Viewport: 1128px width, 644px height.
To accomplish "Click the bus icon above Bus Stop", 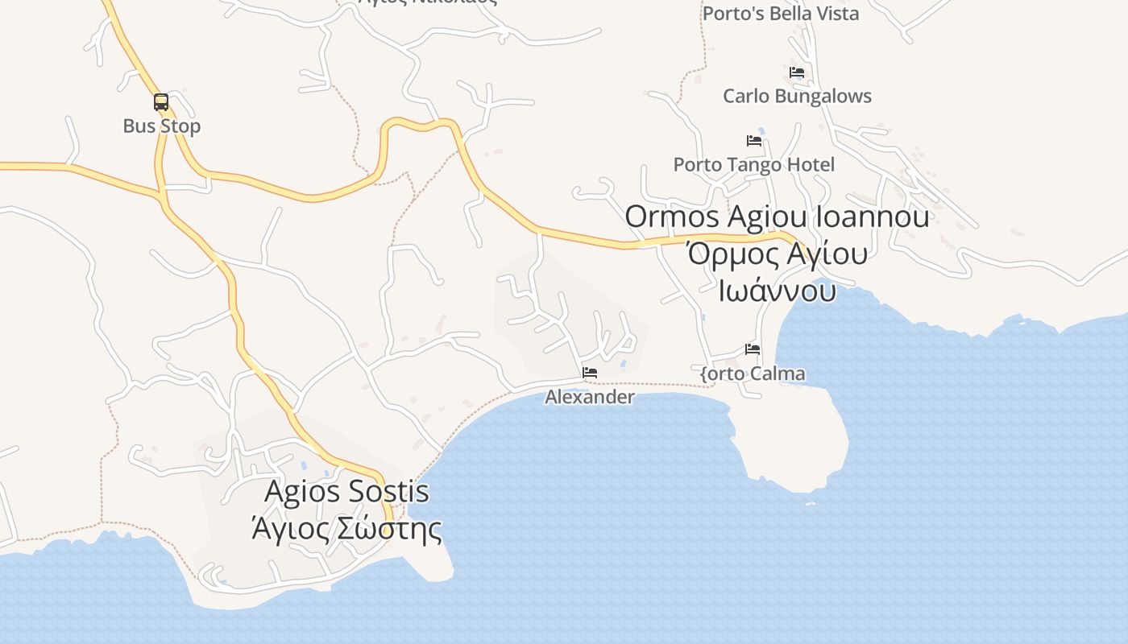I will [161, 102].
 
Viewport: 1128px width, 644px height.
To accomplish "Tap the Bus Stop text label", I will [162, 126].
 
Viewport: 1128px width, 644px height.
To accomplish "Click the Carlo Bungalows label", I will [797, 97].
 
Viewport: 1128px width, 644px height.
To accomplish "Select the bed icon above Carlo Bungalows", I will [797, 72].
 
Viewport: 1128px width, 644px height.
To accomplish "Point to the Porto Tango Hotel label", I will [754, 165].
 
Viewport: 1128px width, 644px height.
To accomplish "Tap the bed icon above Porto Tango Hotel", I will [754, 140].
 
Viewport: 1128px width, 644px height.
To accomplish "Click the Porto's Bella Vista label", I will [781, 14].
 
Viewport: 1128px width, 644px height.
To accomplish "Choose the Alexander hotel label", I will [590, 397].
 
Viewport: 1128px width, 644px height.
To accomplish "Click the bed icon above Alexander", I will [590, 373].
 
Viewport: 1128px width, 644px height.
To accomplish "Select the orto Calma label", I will [753, 374].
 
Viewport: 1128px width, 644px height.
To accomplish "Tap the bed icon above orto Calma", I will [753, 349].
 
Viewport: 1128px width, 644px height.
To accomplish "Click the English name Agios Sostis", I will [346, 491].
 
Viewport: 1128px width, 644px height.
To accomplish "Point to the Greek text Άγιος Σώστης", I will [346, 529].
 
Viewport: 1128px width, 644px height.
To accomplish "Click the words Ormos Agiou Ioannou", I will [777, 217].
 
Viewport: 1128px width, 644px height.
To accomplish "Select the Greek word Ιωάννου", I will [777, 290].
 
